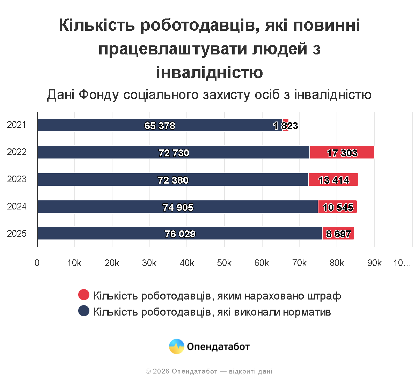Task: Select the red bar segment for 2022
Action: point(342,152)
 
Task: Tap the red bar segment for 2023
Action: point(333,179)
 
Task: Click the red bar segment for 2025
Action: point(338,233)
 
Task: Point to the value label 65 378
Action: point(160,126)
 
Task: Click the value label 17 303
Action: point(342,153)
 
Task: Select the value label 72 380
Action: point(173,180)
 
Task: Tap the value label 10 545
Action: point(338,207)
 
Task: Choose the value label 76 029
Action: point(180,234)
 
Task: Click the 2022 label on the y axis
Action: point(17,152)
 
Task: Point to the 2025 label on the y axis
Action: point(17,234)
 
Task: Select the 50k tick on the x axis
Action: point(224,263)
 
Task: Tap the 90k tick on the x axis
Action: point(374,263)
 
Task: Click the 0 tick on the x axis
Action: point(37,263)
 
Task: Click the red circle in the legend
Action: point(84,295)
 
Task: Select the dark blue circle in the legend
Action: point(84,311)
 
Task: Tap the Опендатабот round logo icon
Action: point(177,347)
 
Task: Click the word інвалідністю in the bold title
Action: point(209,73)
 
